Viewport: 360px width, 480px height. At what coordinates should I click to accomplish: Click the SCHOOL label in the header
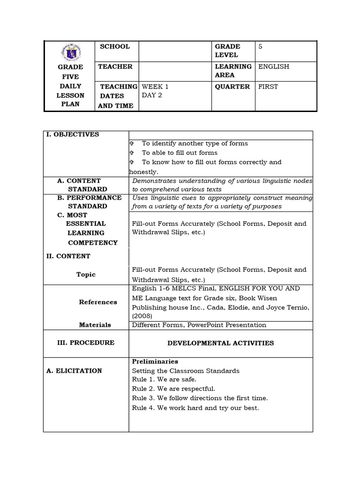coord(115,46)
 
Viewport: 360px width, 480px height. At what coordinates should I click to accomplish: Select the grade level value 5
coord(260,46)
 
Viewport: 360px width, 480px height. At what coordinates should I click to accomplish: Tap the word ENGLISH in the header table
coord(274,67)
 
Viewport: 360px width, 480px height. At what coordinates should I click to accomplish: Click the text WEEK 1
coord(155,87)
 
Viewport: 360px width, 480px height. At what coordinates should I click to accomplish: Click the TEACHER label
coord(115,67)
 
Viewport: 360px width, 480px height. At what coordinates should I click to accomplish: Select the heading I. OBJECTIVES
coord(72,135)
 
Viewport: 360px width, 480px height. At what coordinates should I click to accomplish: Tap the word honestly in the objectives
coord(143,172)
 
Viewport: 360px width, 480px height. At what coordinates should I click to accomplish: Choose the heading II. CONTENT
coord(68,256)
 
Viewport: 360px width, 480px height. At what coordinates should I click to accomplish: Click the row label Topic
coord(86,275)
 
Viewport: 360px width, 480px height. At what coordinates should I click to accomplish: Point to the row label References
coord(98,302)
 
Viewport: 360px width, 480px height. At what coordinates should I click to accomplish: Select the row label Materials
coord(95,325)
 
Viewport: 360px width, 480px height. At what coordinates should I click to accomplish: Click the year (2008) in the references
coord(142,316)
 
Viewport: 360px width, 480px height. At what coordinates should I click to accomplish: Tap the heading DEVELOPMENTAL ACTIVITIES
coord(220,343)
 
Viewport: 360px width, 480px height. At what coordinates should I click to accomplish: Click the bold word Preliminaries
coord(155,362)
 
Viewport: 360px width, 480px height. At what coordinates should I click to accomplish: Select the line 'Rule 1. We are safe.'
coord(164,380)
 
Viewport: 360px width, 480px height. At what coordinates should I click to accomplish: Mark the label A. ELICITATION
coord(74,371)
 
